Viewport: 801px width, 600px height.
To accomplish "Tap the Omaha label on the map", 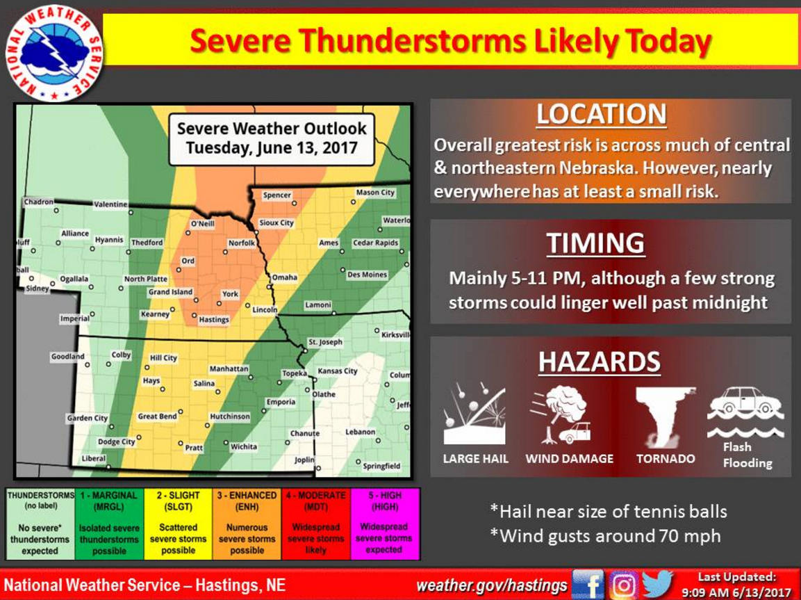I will [x=284, y=277].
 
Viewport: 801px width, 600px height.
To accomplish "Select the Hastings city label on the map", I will [x=213, y=320].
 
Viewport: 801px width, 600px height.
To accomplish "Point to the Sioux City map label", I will [x=276, y=223].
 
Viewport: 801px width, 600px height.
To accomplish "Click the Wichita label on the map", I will [x=243, y=447].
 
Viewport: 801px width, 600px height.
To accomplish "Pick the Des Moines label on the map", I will [x=368, y=275].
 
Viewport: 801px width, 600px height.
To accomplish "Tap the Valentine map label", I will [x=110, y=204].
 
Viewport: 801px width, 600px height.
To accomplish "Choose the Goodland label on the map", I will [x=67, y=357].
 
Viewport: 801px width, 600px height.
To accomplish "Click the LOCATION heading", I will [x=601, y=115].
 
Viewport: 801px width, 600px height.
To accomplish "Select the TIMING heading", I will [x=595, y=243].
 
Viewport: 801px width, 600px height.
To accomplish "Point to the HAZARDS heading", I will [x=599, y=362].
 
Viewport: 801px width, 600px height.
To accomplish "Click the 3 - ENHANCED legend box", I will [x=247, y=523].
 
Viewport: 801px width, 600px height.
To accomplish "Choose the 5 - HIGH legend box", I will [x=384, y=523].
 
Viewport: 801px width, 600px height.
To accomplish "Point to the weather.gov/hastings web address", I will [x=491, y=585].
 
